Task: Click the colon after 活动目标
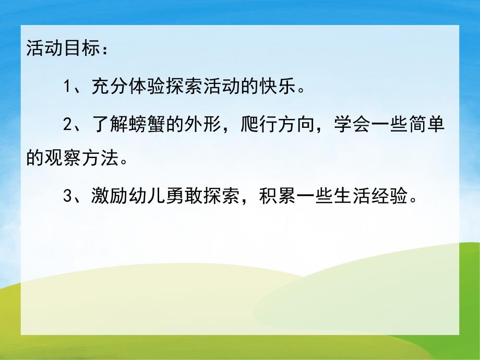pyautogui.click(x=104, y=51)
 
